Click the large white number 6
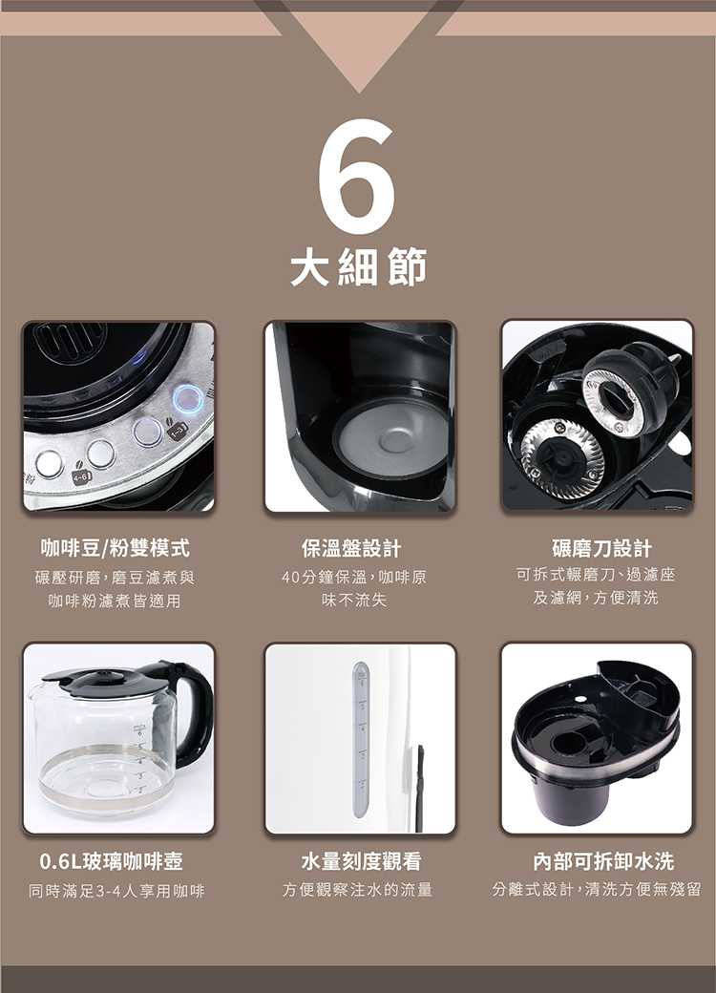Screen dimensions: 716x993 357,177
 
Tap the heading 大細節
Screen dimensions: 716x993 358,266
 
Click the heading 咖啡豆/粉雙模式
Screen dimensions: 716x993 115,548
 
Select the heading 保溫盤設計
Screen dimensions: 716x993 351,548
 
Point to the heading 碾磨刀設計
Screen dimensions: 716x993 601,548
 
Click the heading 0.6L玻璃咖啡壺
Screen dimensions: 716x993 112,861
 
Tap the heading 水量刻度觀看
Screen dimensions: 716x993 361,861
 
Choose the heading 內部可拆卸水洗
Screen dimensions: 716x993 603,861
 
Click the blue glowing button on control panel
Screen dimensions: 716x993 188,399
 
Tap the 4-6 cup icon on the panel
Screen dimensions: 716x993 81,475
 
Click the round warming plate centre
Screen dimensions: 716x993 392,438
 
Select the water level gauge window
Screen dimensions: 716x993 361,739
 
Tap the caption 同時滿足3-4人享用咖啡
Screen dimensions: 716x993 117,891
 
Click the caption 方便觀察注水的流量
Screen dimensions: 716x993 358,890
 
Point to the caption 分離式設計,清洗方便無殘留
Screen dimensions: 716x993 597,889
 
